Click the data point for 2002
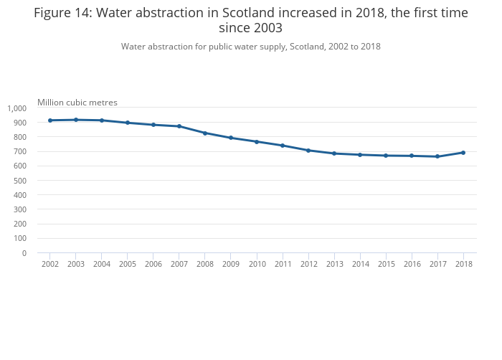[50, 120]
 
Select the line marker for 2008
[205, 133]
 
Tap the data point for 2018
[463, 153]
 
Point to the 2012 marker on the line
[308, 151]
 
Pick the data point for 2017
[437, 156]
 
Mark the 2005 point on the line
[128, 123]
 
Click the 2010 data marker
[257, 142]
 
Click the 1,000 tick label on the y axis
[17, 108]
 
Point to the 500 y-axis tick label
[20, 181]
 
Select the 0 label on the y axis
[24, 253]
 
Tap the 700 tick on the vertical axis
[20, 152]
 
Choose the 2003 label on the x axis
[76, 265]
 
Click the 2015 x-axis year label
[386, 265]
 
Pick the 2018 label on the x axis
[463, 265]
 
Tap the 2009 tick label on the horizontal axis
[231, 265]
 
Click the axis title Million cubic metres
[77, 103]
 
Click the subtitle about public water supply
[250, 47]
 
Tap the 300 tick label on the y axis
[20, 209]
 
